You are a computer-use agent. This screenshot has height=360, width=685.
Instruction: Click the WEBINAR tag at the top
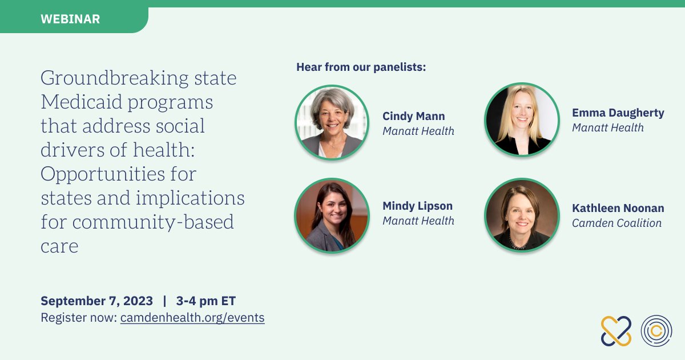(x=70, y=19)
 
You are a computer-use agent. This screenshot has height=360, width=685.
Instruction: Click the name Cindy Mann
(x=413, y=116)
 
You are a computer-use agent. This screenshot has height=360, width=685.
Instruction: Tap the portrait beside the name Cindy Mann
(x=332, y=122)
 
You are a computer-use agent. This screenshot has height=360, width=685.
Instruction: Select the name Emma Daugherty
(x=618, y=113)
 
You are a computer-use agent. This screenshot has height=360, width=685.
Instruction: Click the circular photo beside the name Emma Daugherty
(x=522, y=120)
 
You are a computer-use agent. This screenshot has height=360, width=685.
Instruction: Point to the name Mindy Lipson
(x=417, y=206)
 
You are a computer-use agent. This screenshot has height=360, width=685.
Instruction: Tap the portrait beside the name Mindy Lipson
(x=332, y=215)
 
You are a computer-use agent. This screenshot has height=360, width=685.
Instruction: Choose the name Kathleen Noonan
(x=618, y=208)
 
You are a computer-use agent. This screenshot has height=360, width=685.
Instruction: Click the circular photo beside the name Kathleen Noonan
(x=522, y=215)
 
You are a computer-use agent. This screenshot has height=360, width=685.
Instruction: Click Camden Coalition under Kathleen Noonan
(x=616, y=223)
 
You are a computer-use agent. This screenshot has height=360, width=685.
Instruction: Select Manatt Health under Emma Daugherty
(x=607, y=127)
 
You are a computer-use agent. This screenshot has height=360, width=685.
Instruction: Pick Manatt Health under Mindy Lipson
(x=418, y=221)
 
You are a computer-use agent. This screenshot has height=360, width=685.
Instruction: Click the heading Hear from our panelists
(x=361, y=67)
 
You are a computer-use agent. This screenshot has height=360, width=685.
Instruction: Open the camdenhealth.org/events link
(x=192, y=318)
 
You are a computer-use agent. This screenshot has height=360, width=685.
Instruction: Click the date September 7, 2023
(x=96, y=301)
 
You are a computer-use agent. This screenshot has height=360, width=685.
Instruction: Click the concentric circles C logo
(x=656, y=331)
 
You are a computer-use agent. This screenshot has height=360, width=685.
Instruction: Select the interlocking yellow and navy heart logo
(x=616, y=331)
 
